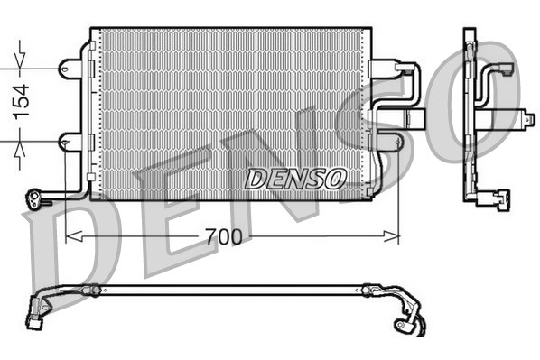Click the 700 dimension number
pos(224,237)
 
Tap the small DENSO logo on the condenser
pos(294,179)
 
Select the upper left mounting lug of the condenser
pos(69,68)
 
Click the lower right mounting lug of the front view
pos(388,142)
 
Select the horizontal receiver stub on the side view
pos(519,115)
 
